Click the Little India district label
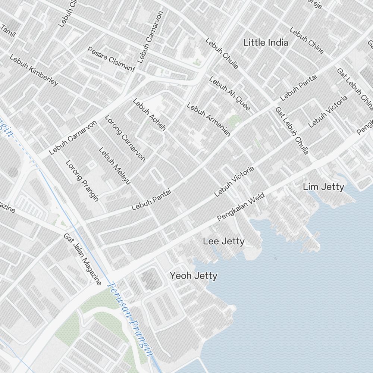point(266,43)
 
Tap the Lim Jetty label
point(323,186)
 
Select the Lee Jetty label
point(224,241)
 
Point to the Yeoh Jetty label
point(194,276)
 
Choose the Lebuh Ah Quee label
point(229,94)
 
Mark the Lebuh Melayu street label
point(115,166)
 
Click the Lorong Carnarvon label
point(125,138)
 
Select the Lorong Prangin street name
point(82,181)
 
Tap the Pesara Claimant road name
point(111,59)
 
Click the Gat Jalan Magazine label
point(82,259)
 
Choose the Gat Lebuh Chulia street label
point(292,131)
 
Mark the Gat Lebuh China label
point(354,90)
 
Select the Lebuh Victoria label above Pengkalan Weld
point(235,182)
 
